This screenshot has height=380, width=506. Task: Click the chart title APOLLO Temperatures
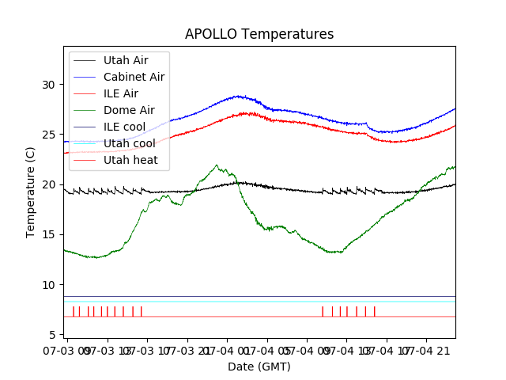(x=259, y=34)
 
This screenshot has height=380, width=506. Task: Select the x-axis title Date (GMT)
(x=259, y=367)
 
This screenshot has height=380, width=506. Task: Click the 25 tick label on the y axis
(x=49, y=135)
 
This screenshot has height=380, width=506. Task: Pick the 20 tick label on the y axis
(x=49, y=184)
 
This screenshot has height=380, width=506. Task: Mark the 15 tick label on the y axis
(x=49, y=235)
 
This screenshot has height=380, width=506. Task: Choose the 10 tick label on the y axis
(x=49, y=285)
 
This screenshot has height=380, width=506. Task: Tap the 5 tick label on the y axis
(x=52, y=335)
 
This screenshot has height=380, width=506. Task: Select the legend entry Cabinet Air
(x=134, y=77)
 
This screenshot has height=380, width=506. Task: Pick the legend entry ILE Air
(x=120, y=93)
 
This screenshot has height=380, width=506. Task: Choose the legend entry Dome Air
(x=129, y=110)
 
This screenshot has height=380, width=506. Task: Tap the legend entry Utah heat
(x=130, y=160)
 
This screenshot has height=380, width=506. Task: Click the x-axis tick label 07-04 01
(x=227, y=349)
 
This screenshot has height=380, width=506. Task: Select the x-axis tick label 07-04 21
(x=426, y=349)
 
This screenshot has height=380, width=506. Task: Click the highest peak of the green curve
(x=217, y=165)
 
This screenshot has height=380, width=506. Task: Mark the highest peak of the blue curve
(x=236, y=96)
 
